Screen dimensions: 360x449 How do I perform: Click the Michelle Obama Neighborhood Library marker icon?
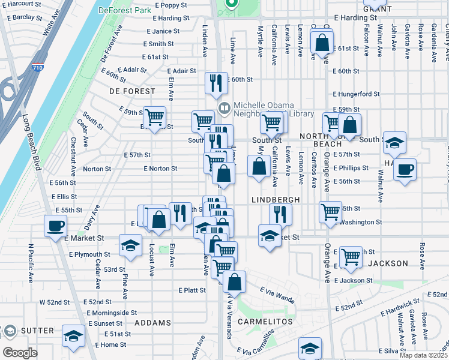[224, 108]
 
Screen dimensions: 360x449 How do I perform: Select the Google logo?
[20, 353]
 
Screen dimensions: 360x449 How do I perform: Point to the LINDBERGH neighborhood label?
[275, 199]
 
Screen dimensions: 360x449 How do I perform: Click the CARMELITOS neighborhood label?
[265, 322]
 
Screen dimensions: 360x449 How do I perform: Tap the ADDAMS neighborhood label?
[152, 323]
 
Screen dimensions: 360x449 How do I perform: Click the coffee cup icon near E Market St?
[56, 226]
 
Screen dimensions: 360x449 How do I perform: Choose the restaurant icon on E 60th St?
[216, 83]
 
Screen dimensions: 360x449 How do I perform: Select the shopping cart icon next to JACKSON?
[351, 257]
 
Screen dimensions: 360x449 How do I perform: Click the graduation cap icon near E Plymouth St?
[130, 245]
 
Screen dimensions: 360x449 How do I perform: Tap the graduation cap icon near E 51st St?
[74, 337]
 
